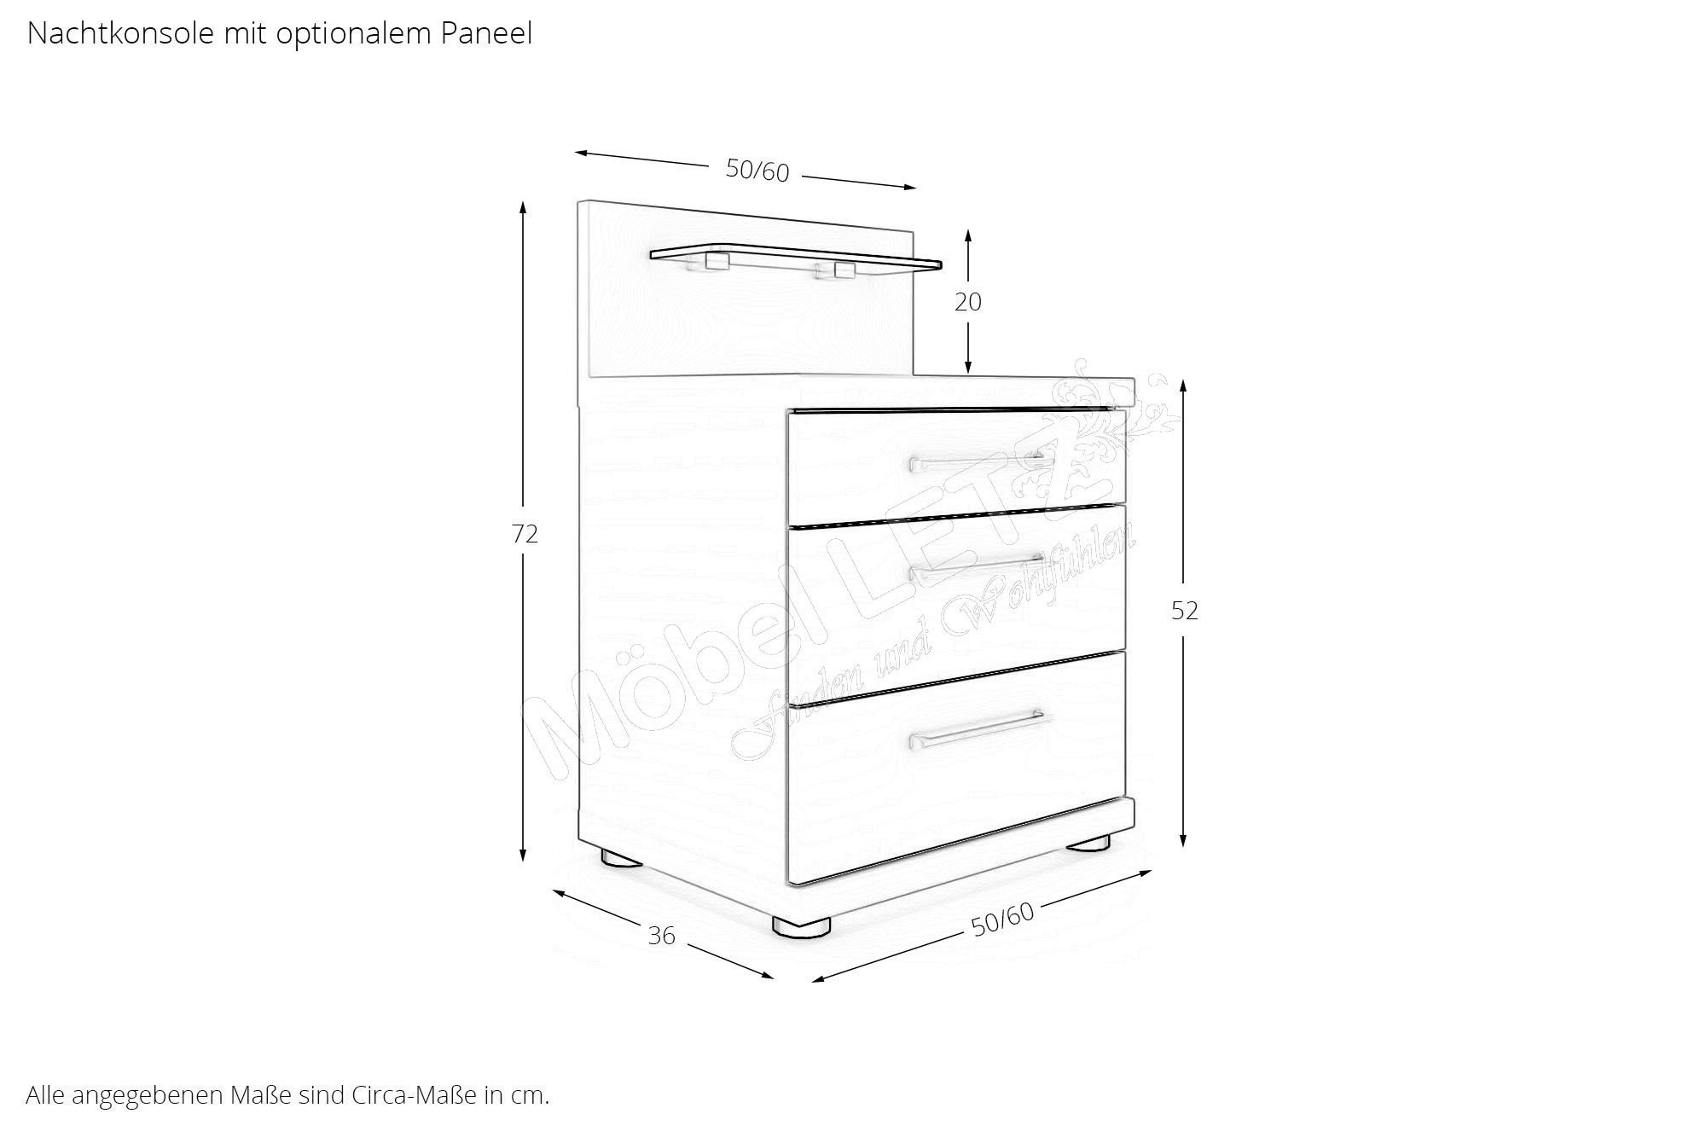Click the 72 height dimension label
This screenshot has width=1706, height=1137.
pyautogui.click(x=525, y=534)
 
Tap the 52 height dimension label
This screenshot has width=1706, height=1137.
pyautogui.click(x=1185, y=611)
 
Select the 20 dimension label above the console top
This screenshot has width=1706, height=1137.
pyautogui.click(x=968, y=302)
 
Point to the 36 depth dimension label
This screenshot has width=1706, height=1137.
pyautogui.click(x=661, y=936)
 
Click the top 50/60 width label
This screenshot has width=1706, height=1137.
pyautogui.click(x=757, y=171)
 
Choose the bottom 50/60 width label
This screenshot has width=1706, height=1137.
pyautogui.click(x=1002, y=919)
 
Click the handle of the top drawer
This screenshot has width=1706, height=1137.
pyautogui.click(x=978, y=462)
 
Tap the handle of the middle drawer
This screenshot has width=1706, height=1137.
pyautogui.click(x=978, y=565)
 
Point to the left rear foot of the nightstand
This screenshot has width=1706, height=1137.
pyautogui.click(x=621, y=858)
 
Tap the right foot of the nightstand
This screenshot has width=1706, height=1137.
pyautogui.click(x=1089, y=843)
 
